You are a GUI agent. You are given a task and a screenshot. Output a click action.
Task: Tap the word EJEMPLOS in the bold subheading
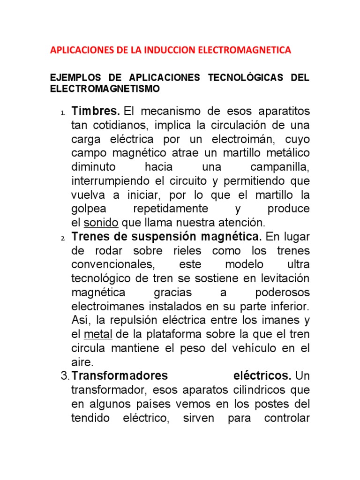(x=72, y=77)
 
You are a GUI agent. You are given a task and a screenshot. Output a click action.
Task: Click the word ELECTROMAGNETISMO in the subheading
(x=105, y=88)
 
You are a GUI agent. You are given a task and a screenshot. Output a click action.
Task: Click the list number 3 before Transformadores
(x=65, y=376)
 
